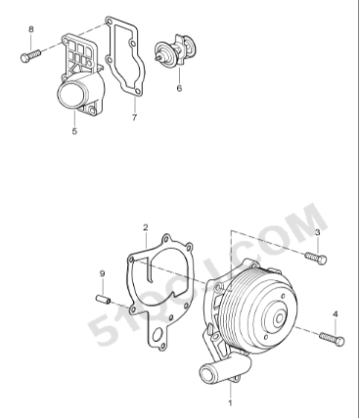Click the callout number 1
tap(231, 402)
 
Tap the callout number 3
tap(317, 232)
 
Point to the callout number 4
tap(337, 314)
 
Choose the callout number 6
tap(179, 87)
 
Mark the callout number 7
tap(134, 119)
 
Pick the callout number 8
tap(31, 29)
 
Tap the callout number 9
tap(102, 273)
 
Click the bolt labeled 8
tap(28, 57)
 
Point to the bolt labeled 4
tap(332, 340)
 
